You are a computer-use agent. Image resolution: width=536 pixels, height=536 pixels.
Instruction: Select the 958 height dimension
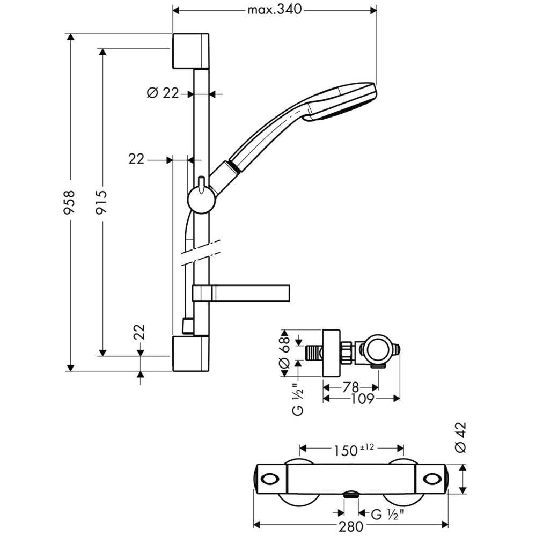tap(69, 202)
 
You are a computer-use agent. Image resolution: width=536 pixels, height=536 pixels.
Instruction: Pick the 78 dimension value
tap(350, 386)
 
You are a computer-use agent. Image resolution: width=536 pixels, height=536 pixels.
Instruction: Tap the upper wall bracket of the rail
tap(190, 51)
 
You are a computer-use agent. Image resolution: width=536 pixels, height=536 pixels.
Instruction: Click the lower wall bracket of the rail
tap(190, 354)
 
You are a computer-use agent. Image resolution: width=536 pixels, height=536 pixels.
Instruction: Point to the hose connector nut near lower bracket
tap(187, 325)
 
